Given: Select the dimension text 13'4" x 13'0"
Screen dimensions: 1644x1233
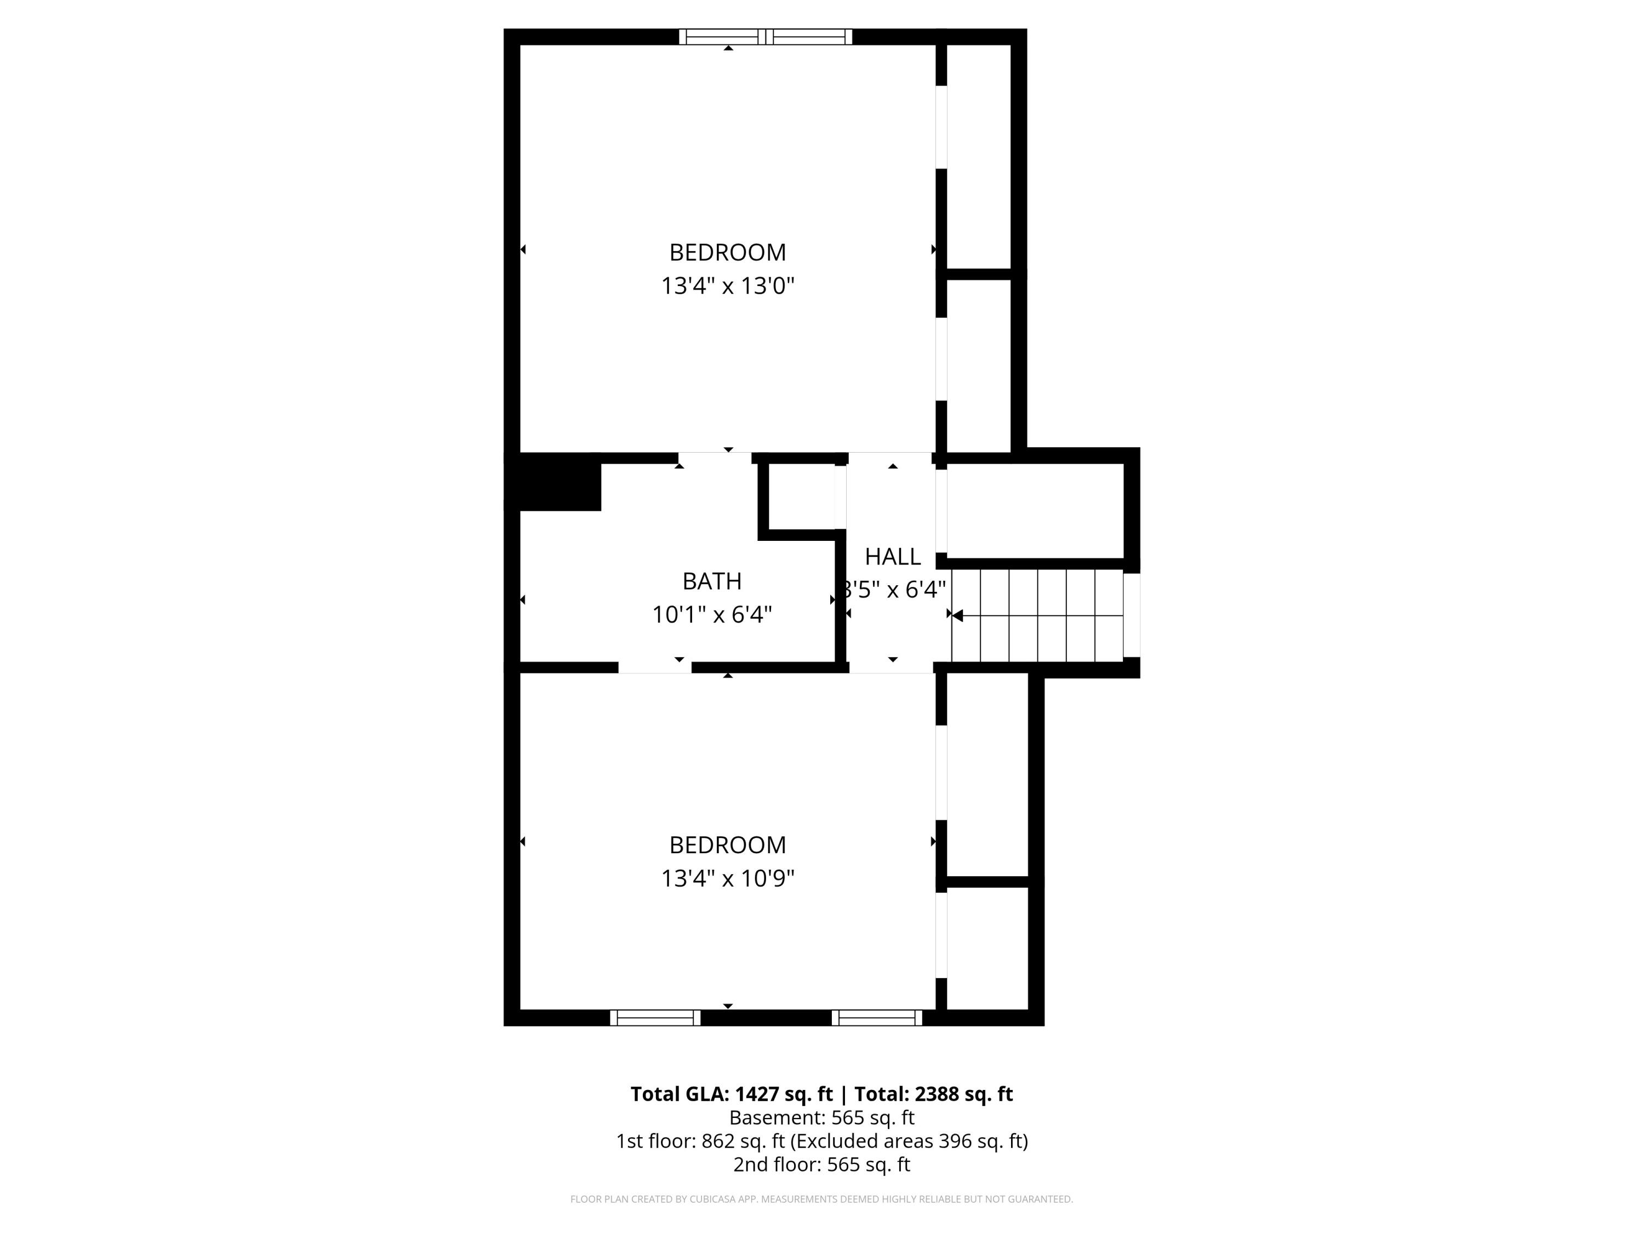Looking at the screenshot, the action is click(x=728, y=286).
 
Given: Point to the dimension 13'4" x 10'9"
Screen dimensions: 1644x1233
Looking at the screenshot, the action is click(x=728, y=878).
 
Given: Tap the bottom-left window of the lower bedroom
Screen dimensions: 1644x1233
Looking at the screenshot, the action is click(x=655, y=1018).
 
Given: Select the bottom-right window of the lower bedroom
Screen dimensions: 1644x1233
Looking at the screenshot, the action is click(x=876, y=1018).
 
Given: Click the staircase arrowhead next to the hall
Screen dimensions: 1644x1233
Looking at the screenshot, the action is click(x=957, y=615).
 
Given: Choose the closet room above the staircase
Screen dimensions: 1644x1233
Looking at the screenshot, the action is click(x=1035, y=511).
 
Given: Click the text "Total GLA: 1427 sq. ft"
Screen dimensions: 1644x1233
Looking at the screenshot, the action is click(x=732, y=1094).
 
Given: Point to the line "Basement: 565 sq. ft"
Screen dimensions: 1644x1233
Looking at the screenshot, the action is click(x=821, y=1118).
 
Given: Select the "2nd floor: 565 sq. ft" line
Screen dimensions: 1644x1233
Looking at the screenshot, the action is click(x=821, y=1164).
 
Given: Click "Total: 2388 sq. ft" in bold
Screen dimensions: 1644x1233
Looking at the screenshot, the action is click(x=933, y=1094).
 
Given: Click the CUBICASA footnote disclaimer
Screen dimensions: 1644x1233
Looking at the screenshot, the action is click(x=821, y=1199).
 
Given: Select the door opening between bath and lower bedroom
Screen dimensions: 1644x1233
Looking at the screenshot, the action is click(x=655, y=667).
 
